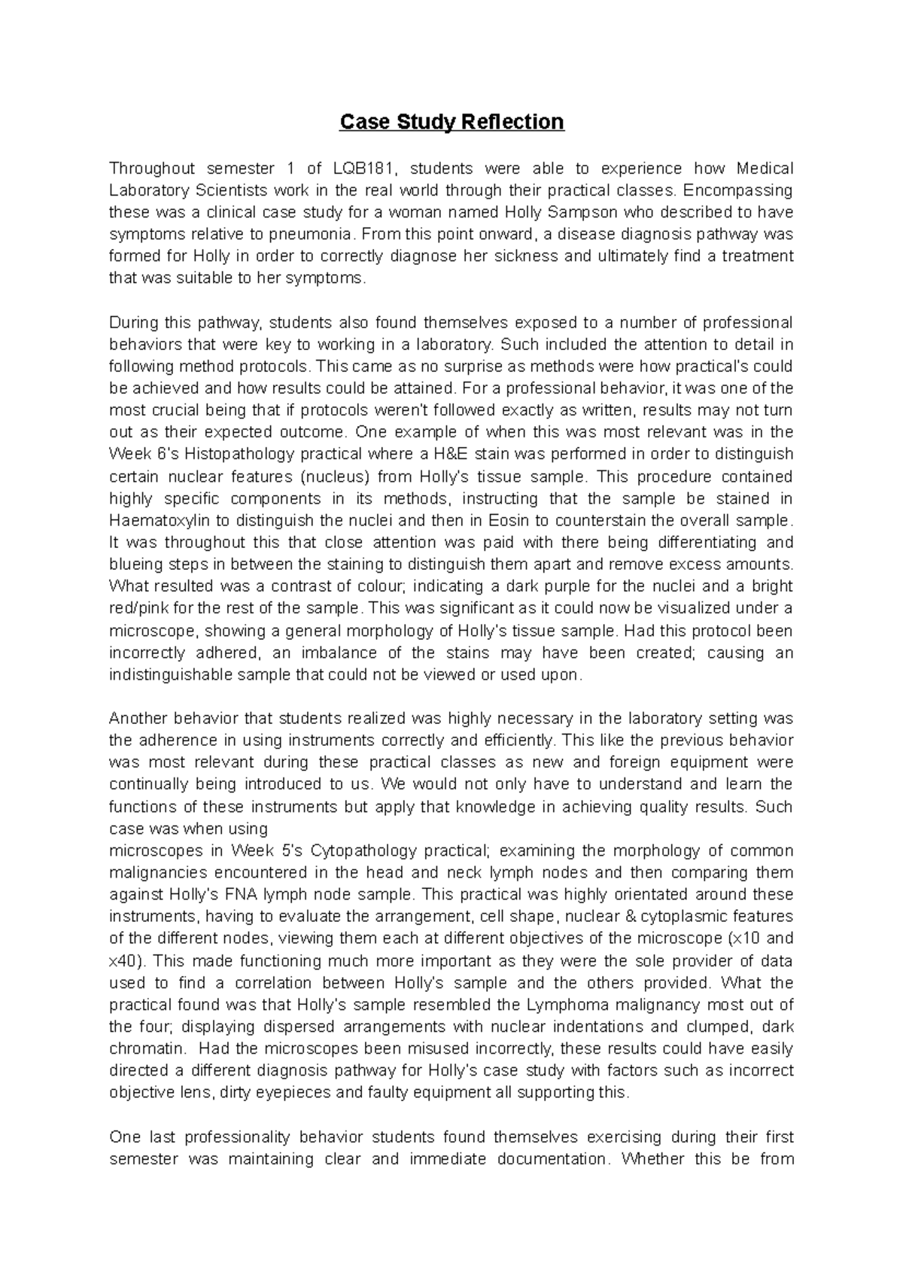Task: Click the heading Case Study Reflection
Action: pos(451,122)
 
